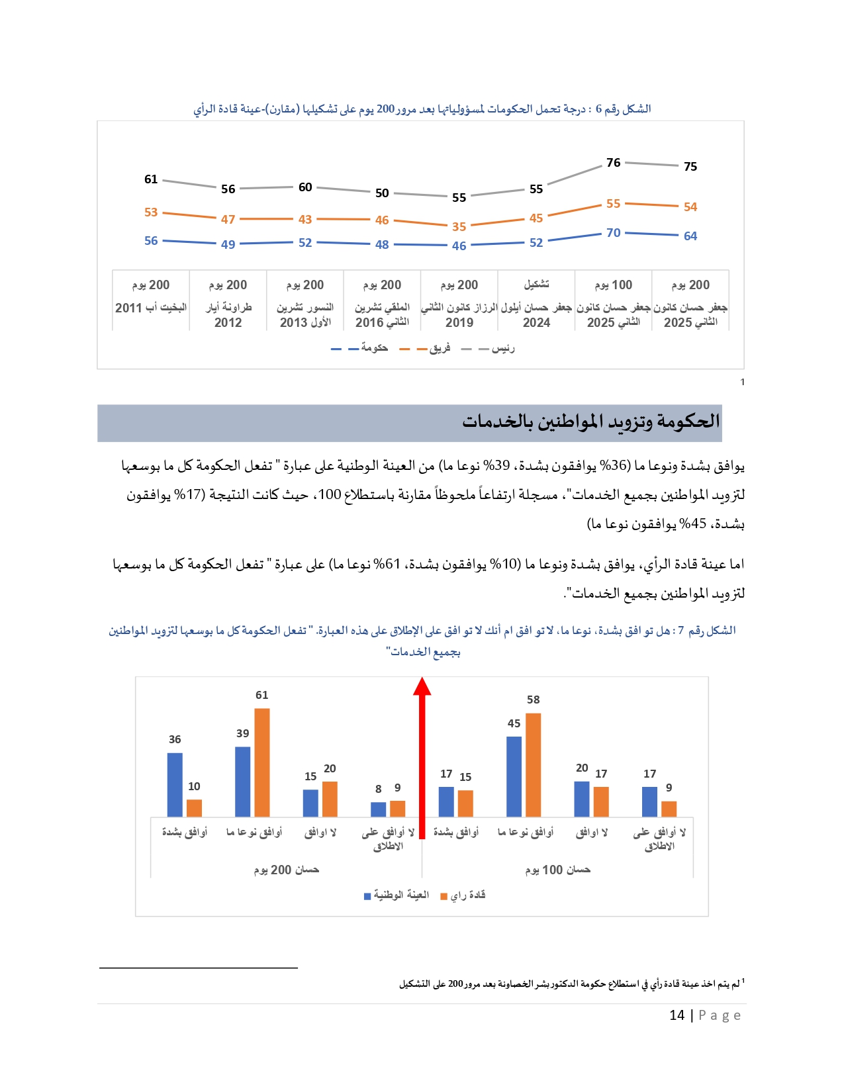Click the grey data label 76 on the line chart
[614, 163]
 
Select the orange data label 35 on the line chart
[459, 226]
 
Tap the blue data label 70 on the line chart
[614, 233]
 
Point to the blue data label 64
[690, 236]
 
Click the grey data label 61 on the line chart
[151, 179]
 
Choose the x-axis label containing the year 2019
[459, 314]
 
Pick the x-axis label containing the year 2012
[228, 314]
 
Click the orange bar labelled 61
[262, 762]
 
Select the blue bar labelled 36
[175, 785]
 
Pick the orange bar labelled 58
[534, 765]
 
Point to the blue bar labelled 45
[514, 776]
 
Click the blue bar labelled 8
[378, 809]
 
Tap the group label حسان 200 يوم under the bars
[286, 870]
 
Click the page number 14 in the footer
[677, 1015]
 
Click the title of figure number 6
[422, 109]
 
